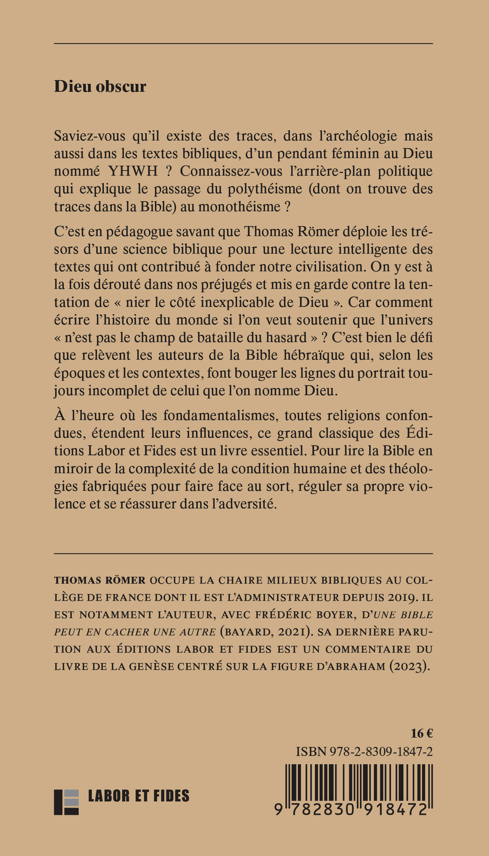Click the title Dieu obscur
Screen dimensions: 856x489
click(x=100, y=87)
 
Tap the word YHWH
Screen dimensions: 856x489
click(x=133, y=171)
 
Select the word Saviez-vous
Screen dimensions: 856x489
click(x=90, y=136)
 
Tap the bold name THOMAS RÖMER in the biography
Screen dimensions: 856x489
click(x=100, y=580)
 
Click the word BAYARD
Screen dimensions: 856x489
click(x=247, y=632)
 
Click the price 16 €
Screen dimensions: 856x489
click(x=421, y=733)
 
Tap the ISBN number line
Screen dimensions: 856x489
click(x=364, y=751)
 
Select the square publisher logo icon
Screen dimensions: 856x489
click(x=66, y=802)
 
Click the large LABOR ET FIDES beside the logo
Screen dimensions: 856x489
click(x=139, y=796)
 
